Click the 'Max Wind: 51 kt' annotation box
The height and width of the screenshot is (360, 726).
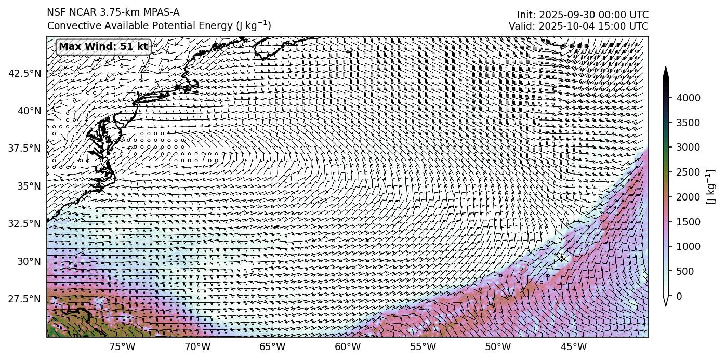point(103,47)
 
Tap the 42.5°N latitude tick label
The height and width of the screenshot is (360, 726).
point(24,73)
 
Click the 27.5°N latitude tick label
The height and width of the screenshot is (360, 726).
point(24,299)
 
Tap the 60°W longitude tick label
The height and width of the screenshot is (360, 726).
point(348,347)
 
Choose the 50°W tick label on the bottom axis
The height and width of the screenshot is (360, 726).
point(498,347)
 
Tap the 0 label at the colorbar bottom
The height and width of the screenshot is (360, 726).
point(679,296)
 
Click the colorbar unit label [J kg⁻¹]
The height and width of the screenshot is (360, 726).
point(711,187)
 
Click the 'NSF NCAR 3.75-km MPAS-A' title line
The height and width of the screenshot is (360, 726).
point(113,12)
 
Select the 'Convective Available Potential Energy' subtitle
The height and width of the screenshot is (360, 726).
point(159,25)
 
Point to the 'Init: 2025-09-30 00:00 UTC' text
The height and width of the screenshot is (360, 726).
point(583,15)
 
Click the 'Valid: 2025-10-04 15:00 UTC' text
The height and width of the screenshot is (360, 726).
point(578,26)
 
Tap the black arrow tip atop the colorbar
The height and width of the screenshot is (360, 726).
point(666,72)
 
